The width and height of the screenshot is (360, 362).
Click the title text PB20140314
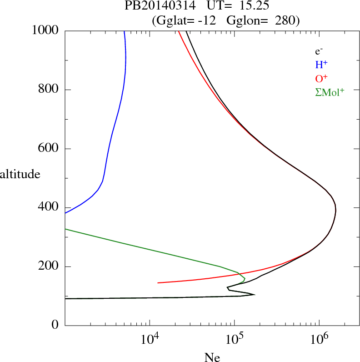(x=154, y=6)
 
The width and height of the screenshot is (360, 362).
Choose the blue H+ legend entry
(x=321, y=65)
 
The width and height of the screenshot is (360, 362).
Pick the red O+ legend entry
(x=322, y=78)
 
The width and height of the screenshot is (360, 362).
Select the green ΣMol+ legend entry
(x=330, y=92)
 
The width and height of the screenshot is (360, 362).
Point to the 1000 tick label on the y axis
(x=45, y=30)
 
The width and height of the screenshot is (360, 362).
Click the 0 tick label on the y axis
(x=55, y=326)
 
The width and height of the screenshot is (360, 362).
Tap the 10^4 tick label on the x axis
(x=150, y=338)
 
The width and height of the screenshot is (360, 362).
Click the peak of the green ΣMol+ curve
(x=245, y=278)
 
